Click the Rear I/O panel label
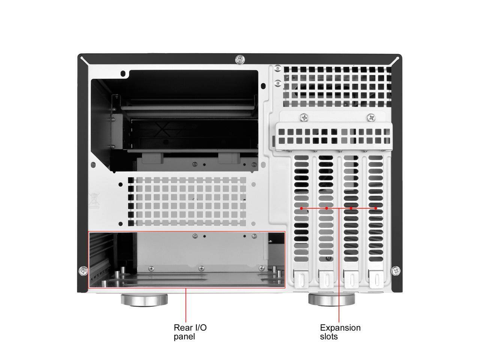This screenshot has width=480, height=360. point(190,332)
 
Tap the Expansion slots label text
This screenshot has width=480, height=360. point(340,332)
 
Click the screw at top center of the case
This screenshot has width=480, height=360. point(239,59)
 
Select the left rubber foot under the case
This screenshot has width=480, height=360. point(144,300)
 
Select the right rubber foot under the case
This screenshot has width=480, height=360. point(331,300)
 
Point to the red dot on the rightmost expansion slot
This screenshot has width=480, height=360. point(376,208)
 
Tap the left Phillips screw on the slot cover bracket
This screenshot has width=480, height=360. point(303,117)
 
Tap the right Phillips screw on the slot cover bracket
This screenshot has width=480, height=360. point(371,117)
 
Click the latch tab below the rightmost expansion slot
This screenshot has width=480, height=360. point(376,279)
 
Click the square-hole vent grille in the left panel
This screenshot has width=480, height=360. point(187,201)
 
